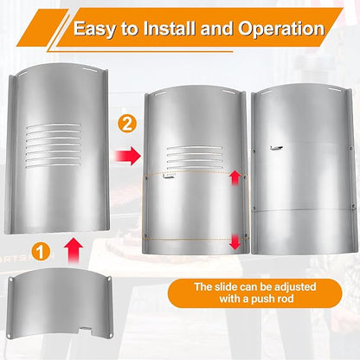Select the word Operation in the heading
tap(281, 29)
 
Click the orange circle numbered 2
tap(126, 125)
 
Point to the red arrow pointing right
tap(127, 156)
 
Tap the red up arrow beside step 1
tap(74, 250)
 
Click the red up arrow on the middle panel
tap(235, 177)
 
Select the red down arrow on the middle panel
tap(235, 241)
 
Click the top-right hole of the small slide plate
tap(109, 279)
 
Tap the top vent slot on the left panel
tap(54, 125)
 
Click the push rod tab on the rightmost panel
tap(276, 148)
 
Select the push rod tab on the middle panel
tap(169, 178)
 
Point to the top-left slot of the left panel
tap(22, 74)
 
